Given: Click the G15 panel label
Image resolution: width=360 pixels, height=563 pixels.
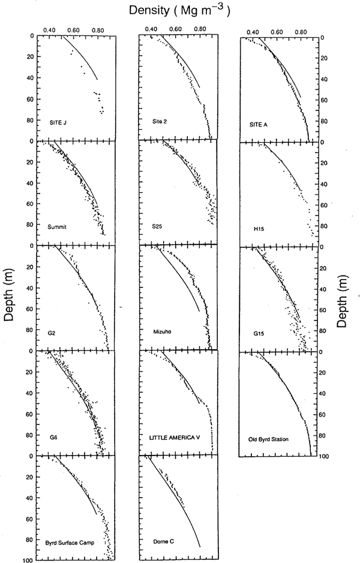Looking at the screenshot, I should [254, 331].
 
